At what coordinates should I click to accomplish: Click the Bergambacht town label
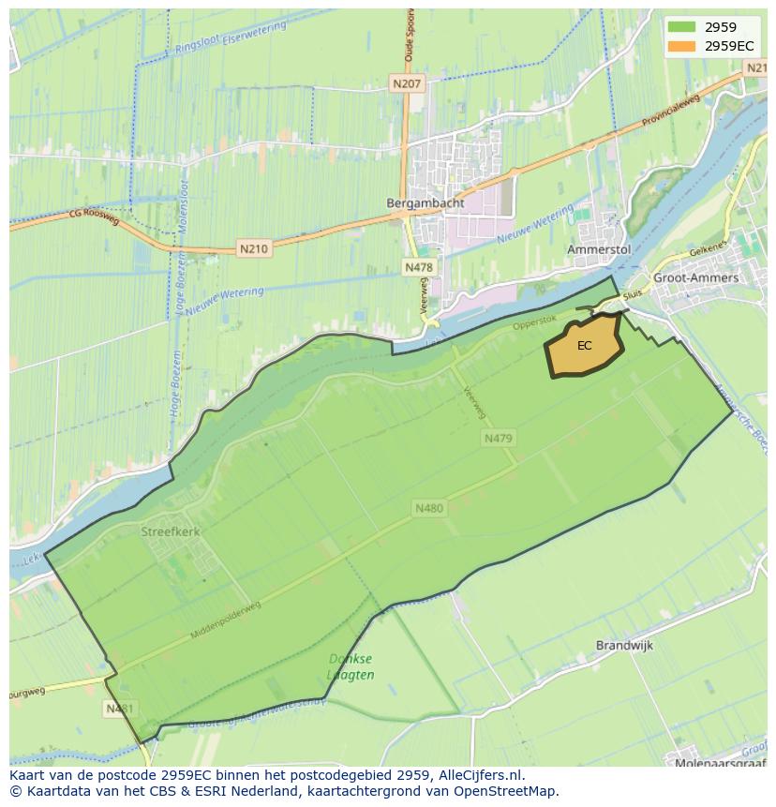click(413, 202)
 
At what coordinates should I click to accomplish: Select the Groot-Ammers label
click(696, 278)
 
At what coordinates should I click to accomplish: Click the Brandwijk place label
click(624, 646)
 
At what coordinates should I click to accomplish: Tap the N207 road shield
click(408, 84)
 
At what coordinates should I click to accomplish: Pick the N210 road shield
click(253, 249)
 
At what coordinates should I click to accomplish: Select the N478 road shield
click(419, 267)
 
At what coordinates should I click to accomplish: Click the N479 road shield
click(499, 438)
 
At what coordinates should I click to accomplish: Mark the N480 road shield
click(428, 508)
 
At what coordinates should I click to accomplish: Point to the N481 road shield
click(118, 709)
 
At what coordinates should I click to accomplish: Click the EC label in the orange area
click(585, 346)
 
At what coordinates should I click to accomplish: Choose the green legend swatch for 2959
click(681, 28)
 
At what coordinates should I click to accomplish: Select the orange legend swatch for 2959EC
click(681, 46)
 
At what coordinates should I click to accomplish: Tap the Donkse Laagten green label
click(351, 666)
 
